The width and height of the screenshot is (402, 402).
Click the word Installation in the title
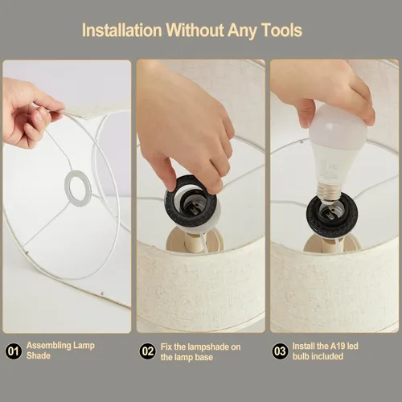[122, 30]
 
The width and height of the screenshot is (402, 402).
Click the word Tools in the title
[281, 30]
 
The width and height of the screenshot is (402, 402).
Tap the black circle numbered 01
[14, 351]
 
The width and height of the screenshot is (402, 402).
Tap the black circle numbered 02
[148, 351]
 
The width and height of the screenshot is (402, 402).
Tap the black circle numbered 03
[280, 351]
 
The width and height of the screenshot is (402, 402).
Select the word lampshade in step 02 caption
[208, 347]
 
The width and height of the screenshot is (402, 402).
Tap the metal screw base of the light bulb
[329, 191]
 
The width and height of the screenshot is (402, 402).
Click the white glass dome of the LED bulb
[338, 126]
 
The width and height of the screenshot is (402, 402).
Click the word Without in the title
[195, 30]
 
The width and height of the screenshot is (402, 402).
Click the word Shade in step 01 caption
[39, 356]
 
